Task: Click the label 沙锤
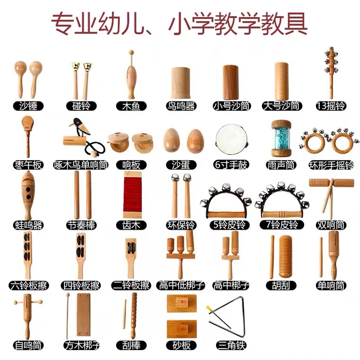pos(28,106)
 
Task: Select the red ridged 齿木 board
pos(133,195)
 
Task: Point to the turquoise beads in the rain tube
pos(281,138)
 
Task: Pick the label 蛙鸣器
pos(28,225)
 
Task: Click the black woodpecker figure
pos(80,126)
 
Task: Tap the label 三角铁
pos(231,345)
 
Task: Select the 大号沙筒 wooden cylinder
pos(281,81)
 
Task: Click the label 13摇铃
pos(331,106)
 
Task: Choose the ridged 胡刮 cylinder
pos(286,256)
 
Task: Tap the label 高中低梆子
pos(181,285)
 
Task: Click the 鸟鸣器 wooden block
pos(180,83)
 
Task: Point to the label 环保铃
pos(181,225)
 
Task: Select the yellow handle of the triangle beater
pos(209,308)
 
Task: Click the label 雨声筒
pos(281,165)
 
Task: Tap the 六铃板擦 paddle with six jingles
pos(27,255)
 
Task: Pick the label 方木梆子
pos(81,345)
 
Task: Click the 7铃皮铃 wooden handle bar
pos(282,215)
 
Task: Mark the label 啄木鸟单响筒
pos(81,165)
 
